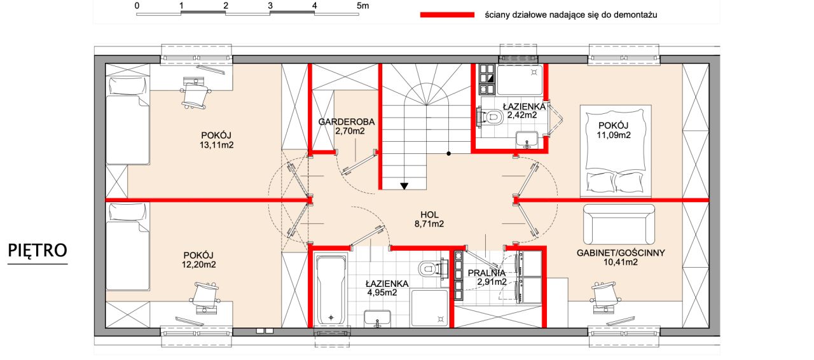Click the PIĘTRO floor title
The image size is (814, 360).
(x=38, y=251)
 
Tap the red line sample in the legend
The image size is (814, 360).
(x=447, y=15)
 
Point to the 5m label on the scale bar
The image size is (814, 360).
(x=362, y=6)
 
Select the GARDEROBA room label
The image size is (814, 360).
(x=347, y=122)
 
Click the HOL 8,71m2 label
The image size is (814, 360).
(x=429, y=219)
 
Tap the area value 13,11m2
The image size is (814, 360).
(x=217, y=145)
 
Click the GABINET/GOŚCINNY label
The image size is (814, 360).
(x=621, y=253)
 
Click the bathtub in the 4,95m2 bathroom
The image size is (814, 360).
(x=331, y=290)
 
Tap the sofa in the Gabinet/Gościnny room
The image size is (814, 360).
(x=619, y=225)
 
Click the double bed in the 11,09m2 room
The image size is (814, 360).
(x=616, y=151)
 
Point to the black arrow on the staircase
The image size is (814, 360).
(x=404, y=186)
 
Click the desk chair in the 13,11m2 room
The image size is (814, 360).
(x=195, y=94)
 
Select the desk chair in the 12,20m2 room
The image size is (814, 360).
(x=205, y=297)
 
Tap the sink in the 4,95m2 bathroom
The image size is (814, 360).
(x=377, y=319)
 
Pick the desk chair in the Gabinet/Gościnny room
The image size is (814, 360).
(x=605, y=296)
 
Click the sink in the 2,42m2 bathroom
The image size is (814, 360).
(x=527, y=140)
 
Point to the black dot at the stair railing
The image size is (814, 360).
(x=449, y=153)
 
